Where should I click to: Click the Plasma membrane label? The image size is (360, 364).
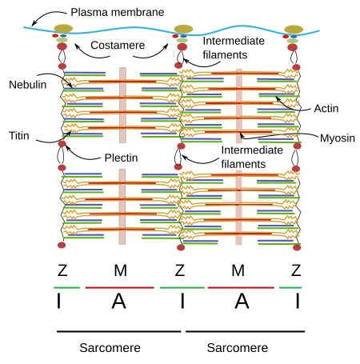pos(118,12)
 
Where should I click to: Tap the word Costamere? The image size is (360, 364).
pos(118,46)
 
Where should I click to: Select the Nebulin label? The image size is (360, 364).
pos(28,85)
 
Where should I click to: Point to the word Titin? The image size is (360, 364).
pos(19,136)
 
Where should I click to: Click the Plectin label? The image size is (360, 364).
pos(121,158)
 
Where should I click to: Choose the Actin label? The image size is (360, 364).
pos(326,109)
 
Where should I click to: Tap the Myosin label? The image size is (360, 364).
pos(338,138)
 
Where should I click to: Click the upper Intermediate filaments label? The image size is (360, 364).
pos(234,48)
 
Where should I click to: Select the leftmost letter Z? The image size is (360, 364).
pos(62,270)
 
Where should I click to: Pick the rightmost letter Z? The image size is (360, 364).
pos(296,270)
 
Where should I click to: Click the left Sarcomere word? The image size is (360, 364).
pos(110,348)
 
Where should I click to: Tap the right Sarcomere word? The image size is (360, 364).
pos(238,348)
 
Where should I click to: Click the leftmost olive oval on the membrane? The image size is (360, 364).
pos(63,29)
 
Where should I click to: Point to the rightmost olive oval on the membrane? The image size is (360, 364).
pos(294,30)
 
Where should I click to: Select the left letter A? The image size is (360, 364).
pos(118,301)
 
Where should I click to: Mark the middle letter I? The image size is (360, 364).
pos(182,301)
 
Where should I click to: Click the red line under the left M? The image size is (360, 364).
pos(120,288)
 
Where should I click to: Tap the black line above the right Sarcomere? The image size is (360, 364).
pos(245,332)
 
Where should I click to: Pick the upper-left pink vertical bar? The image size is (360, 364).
pos(122,105)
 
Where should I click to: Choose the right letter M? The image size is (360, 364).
pos(238,270)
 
